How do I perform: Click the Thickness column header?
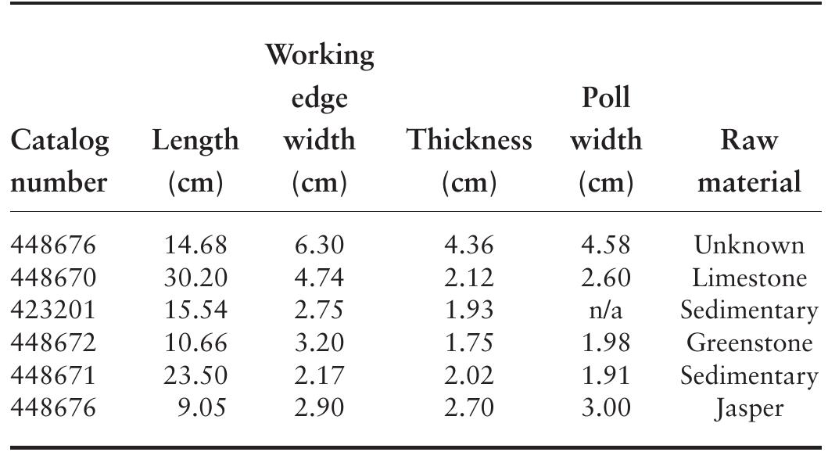pos(468,141)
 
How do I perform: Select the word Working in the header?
pos(319,56)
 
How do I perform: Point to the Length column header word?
pos(195,141)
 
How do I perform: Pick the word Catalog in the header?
pos(59,141)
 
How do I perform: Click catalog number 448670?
pos(52,278)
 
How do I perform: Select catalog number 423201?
pos(52,310)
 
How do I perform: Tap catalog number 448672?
pos(52,343)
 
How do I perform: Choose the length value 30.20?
pos(195,278)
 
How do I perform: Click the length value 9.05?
pos(202,408)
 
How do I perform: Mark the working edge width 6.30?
pos(319,246)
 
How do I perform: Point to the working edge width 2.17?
pos(319,375)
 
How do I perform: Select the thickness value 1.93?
pos(468,310)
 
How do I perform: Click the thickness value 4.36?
pos(468,246)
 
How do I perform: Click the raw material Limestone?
pos(749,278)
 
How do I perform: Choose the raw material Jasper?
pos(749,408)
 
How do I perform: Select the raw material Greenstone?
pos(749,343)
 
